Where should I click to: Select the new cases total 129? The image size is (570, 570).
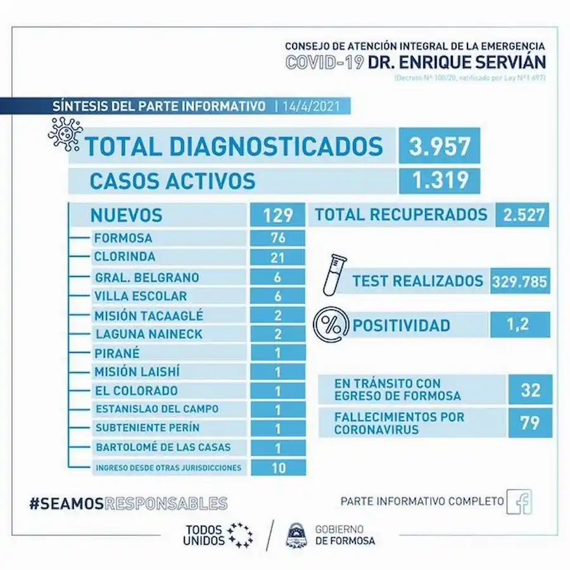coord(278,215)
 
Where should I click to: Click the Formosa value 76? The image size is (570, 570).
coord(278,238)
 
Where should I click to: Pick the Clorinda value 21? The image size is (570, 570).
coord(278,257)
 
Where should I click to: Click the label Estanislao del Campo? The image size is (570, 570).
coord(157,409)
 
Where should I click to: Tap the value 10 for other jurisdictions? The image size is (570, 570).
coord(278,468)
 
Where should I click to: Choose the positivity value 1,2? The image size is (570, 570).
coord(519,326)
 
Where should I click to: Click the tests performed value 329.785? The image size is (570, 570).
coord(519,281)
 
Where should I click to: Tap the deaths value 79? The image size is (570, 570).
coord(531,422)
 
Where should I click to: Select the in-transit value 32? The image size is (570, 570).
coord(531,390)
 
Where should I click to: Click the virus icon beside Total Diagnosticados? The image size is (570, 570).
coord(65,135)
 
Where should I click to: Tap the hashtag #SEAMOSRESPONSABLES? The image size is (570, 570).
coord(129,503)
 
